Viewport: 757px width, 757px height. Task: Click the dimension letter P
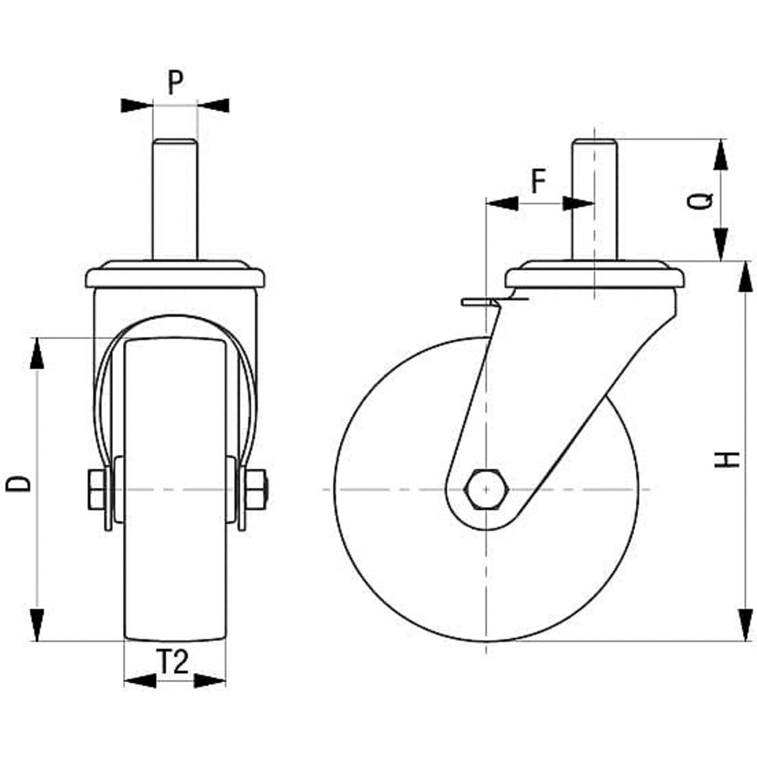click(175, 83)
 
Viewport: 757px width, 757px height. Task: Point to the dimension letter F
click(539, 182)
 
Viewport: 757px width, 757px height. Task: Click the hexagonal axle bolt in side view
click(486, 490)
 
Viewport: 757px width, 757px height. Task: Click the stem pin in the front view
click(175, 199)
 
